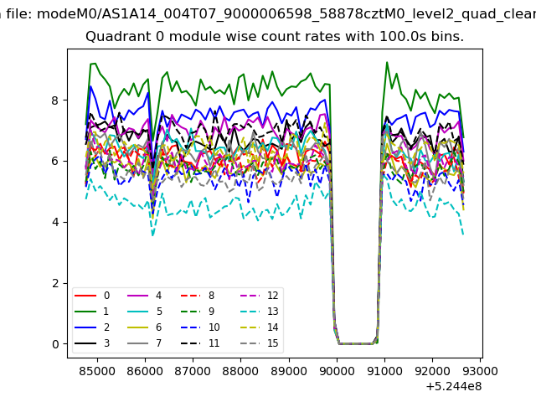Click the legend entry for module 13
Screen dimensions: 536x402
tap(256, 312)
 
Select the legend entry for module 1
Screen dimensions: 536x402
tap(92, 312)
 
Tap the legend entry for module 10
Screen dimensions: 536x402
tap(200, 327)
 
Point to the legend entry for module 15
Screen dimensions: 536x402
tap(256, 343)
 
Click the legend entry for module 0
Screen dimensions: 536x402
tap(92, 296)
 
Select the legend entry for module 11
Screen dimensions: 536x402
tap(200, 343)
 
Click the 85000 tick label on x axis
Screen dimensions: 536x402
tap(97, 371)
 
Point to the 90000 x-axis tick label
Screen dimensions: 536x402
tap(337, 371)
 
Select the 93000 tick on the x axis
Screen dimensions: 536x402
tap(481, 371)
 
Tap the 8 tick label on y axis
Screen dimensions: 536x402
tap(55, 100)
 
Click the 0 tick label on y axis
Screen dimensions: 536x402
tap(55, 344)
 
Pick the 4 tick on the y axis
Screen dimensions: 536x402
tap(55, 223)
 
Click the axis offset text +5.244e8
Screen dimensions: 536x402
tap(454, 387)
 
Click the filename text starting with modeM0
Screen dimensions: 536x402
tap(286, 14)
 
